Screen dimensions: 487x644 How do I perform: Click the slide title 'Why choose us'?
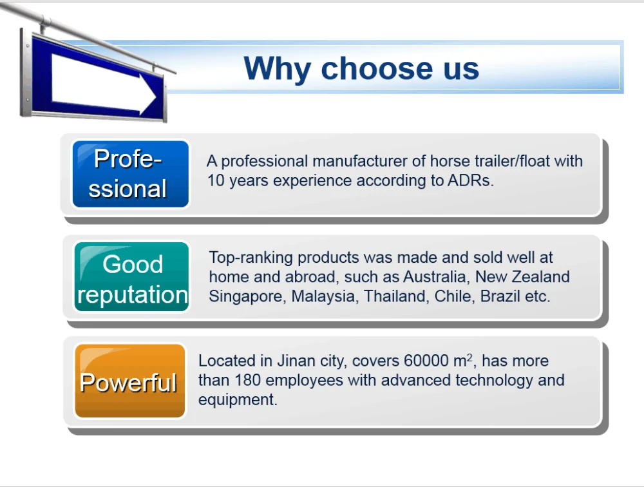point(361,68)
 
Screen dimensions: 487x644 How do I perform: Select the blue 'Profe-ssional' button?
point(130,174)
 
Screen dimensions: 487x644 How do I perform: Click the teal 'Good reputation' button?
point(132,278)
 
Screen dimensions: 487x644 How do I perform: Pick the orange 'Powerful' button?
point(129,381)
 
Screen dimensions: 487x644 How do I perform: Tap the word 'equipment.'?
point(238,399)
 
